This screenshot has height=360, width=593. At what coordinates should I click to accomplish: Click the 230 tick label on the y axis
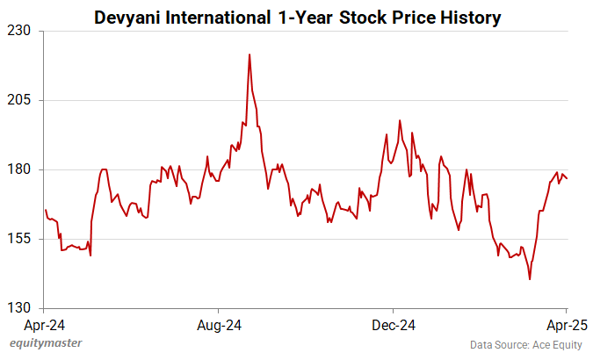(x=20, y=31)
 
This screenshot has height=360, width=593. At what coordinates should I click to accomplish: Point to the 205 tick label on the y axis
(x=20, y=100)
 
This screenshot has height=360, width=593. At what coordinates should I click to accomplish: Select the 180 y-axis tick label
(x=20, y=169)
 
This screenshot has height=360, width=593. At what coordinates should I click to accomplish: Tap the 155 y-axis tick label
(x=20, y=239)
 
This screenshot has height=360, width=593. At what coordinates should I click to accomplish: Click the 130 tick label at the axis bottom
(x=20, y=308)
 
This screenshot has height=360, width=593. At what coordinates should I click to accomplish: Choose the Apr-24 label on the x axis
(x=44, y=324)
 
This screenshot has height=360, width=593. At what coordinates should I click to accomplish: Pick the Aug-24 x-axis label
(x=218, y=324)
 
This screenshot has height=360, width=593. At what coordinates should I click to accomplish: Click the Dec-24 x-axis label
(x=392, y=324)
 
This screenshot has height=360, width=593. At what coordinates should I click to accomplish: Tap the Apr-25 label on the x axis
(x=566, y=324)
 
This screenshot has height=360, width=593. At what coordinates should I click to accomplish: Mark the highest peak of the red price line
(x=249, y=54)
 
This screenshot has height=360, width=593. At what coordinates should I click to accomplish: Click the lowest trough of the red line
(x=530, y=279)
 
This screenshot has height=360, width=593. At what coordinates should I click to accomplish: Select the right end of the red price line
(x=568, y=179)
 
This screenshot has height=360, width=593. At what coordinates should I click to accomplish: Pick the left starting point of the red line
(x=45, y=210)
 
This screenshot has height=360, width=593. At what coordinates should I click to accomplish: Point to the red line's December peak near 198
(x=400, y=120)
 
